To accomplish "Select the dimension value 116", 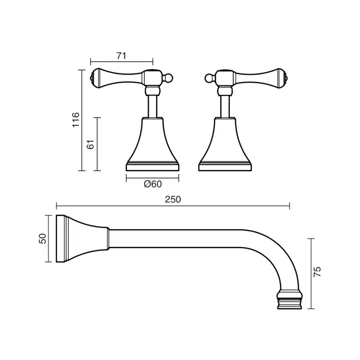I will (x=76, y=119).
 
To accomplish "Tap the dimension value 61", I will (x=91, y=144).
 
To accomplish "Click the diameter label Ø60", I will (x=153, y=184).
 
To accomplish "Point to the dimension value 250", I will (x=173, y=199).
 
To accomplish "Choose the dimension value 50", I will (x=43, y=238).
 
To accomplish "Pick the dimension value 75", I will (x=317, y=273).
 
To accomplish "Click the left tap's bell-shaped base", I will (x=153, y=144).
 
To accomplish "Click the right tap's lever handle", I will (x=259, y=77).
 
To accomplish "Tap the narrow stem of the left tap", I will (x=153, y=104).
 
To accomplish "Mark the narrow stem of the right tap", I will (x=225, y=104).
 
